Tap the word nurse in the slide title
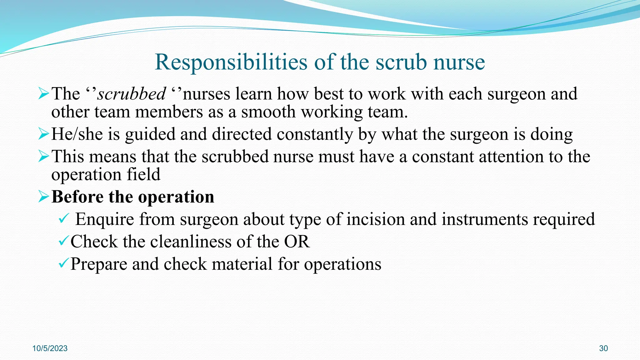click(459, 62)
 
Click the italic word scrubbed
click(132, 94)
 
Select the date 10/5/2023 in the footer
click(50, 348)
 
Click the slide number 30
click(603, 348)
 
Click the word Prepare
click(98, 264)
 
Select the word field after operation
click(143, 174)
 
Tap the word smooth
click(268, 112)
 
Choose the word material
click(242, 264)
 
